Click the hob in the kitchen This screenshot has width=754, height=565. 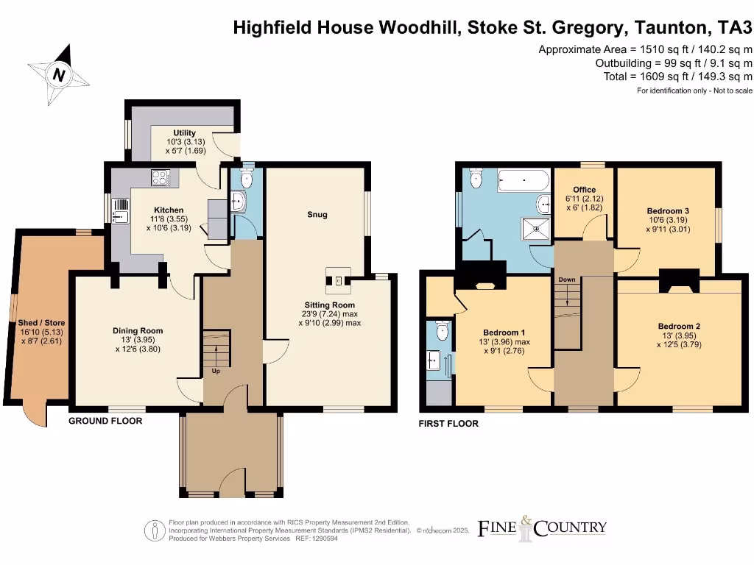161,177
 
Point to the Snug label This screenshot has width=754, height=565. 317,215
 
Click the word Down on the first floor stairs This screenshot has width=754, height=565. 566,280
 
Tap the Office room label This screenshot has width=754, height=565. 584,190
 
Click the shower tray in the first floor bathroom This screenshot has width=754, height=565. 537,228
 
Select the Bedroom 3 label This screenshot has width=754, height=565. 668,211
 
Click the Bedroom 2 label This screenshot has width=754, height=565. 679,326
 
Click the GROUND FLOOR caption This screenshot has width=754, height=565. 105,421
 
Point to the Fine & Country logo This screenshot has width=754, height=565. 543,527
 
